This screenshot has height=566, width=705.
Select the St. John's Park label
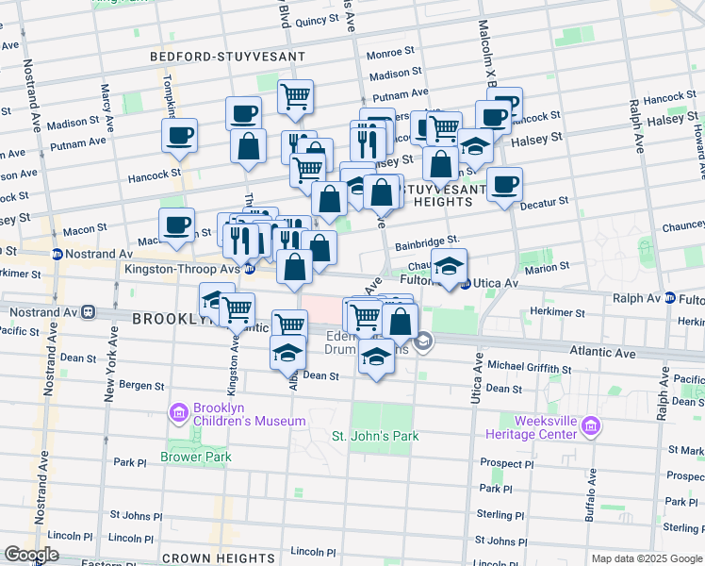tap(374, 436)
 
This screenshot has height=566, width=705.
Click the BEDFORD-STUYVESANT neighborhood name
tap(228, 57)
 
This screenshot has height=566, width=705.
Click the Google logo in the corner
tap(31, 555)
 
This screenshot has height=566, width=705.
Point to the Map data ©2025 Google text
tap(646, 558)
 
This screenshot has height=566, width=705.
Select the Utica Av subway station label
tap(495, 283)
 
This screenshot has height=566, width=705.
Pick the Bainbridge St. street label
tap(427, 241)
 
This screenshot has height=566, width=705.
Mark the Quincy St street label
tap(317, 20)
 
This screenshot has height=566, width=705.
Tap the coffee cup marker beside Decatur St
tap(504, 184)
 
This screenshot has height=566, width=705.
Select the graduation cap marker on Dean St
tap(288, 353)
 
